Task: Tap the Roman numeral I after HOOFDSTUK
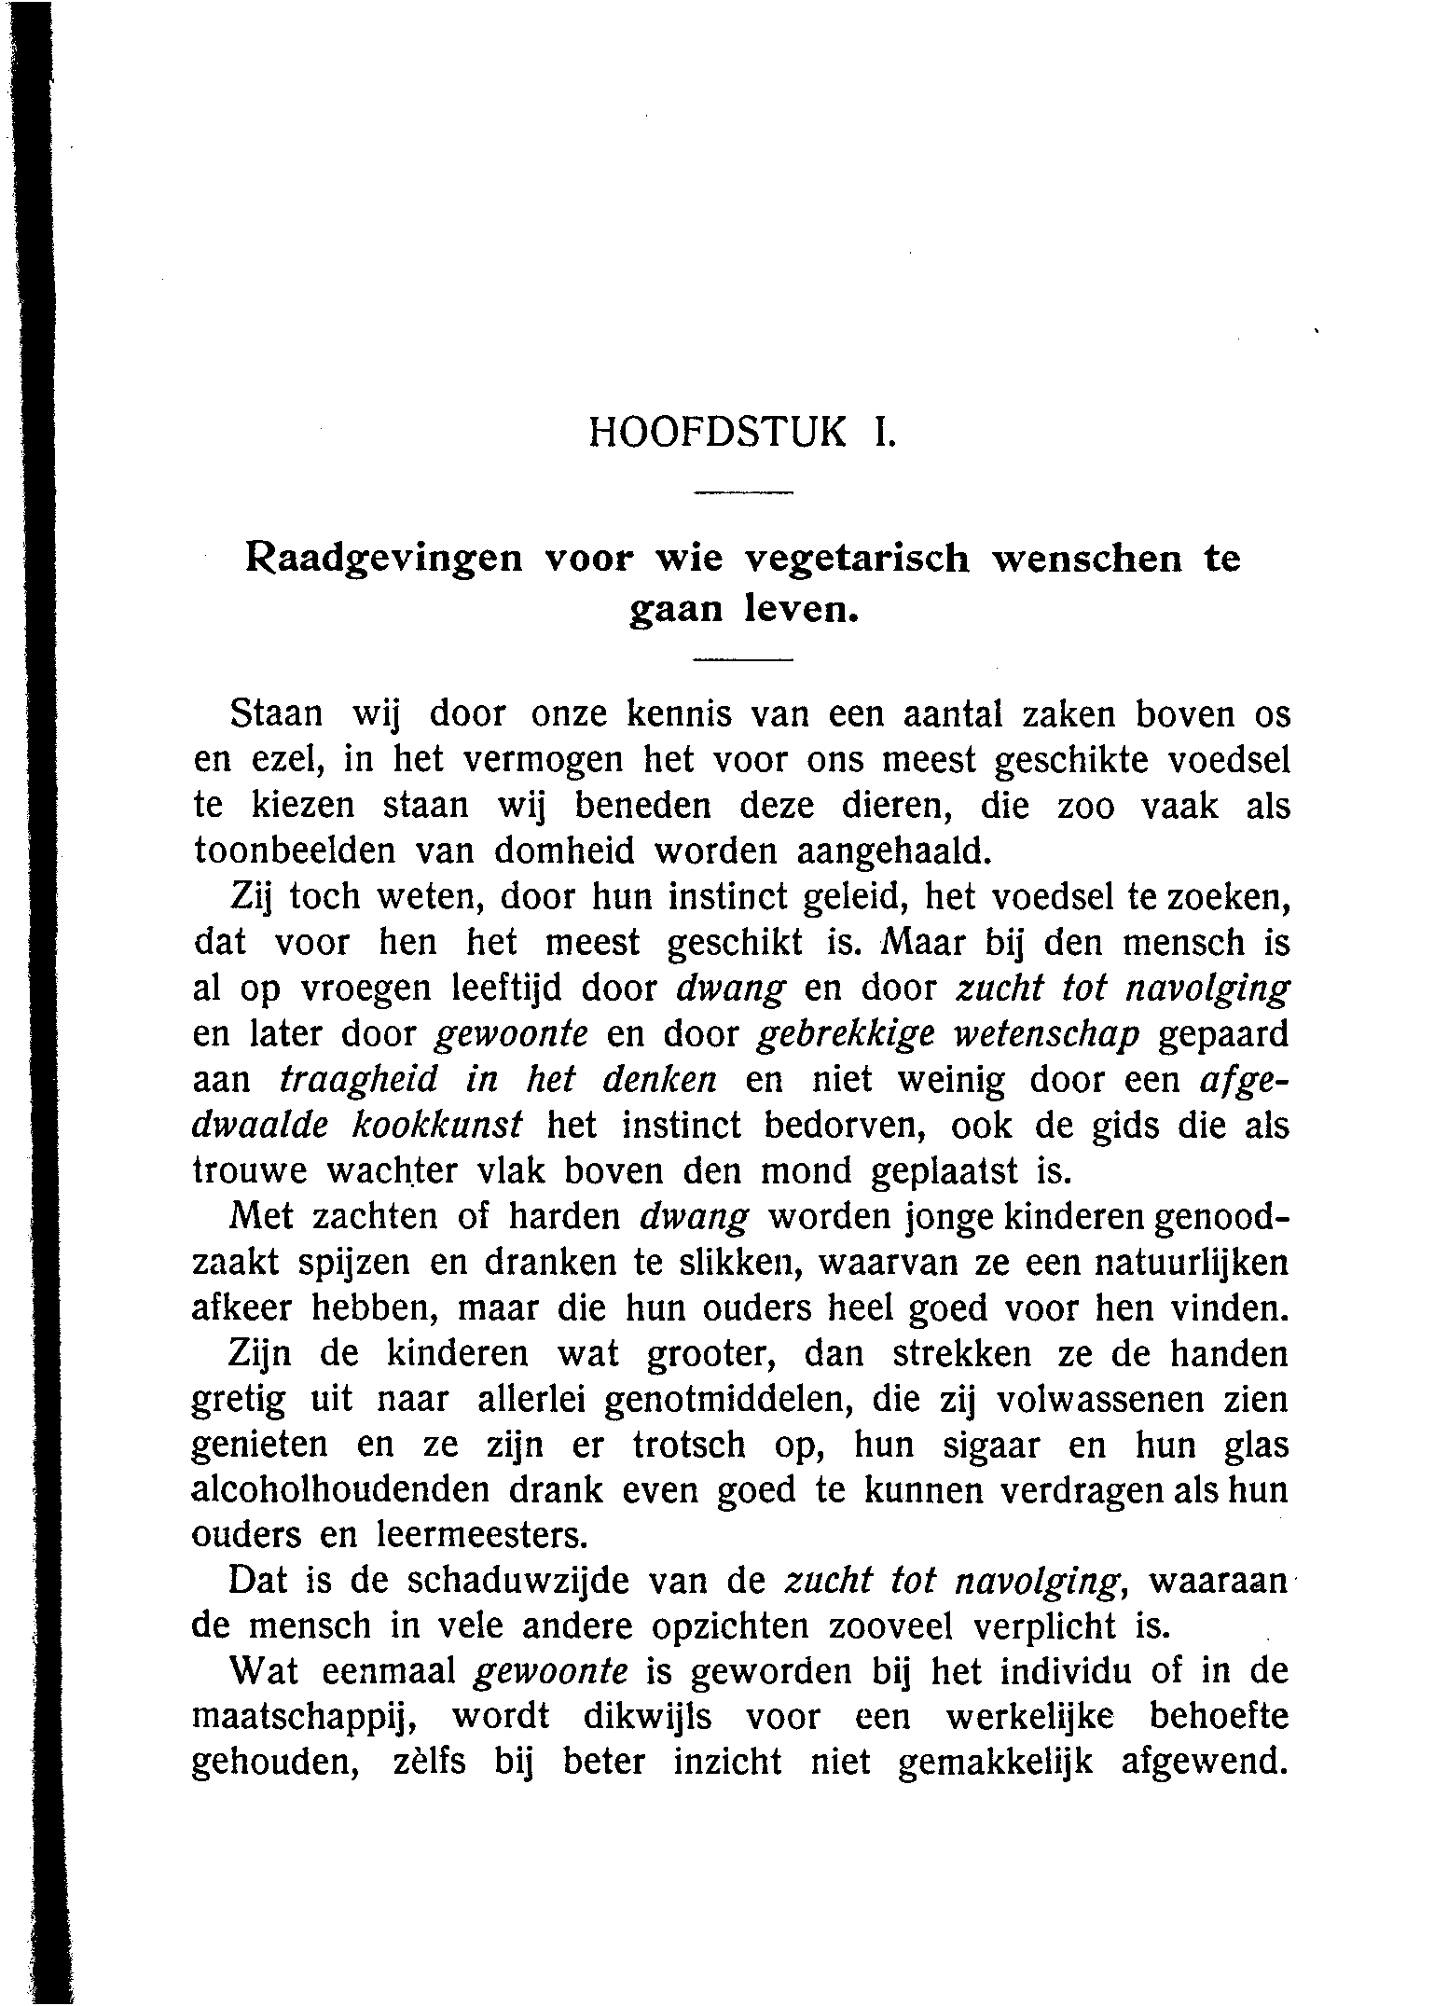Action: pos(879,433)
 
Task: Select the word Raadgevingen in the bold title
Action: pos(385,560)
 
